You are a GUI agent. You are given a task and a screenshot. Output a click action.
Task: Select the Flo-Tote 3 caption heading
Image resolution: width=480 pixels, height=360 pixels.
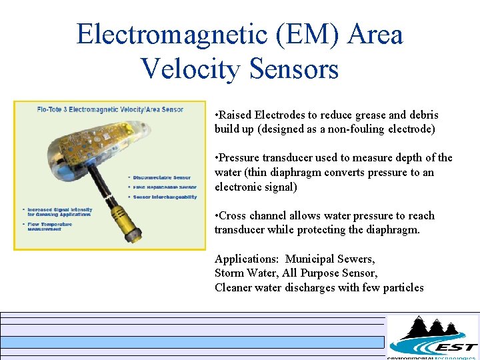tap(109, 108)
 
